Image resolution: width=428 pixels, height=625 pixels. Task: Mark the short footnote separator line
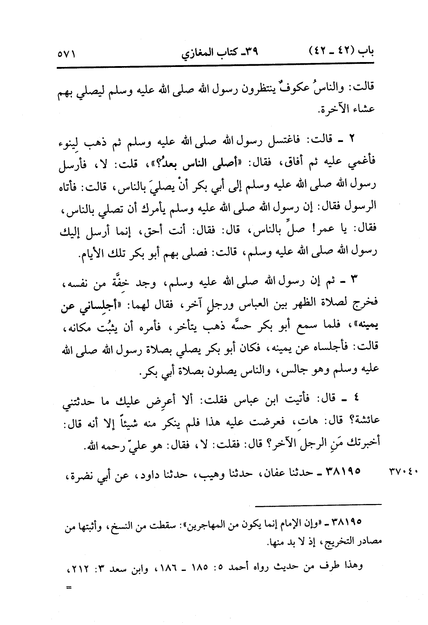point(319,504)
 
